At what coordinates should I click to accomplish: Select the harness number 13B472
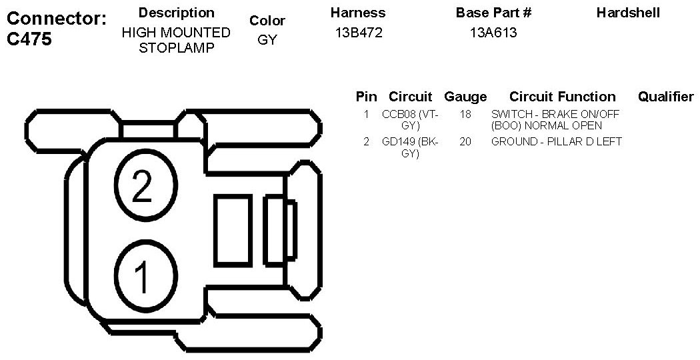tap(359, 33)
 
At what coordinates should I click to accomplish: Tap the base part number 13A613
tap(493, 33)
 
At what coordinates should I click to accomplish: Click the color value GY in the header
tap(267, 40)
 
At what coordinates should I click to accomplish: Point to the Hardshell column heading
tap(628, 13)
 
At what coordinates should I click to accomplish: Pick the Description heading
tap(176, 13)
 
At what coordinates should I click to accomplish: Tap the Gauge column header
tap(465, 97)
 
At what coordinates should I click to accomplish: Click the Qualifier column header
tap(665, 97)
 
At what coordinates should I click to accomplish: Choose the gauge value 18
tap(465, 114)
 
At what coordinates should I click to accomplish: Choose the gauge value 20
tap(465, 141)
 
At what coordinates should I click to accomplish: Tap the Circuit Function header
tap(562, 97)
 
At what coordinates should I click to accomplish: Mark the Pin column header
tap(366, 97)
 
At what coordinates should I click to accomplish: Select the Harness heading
tap(358, 13)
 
